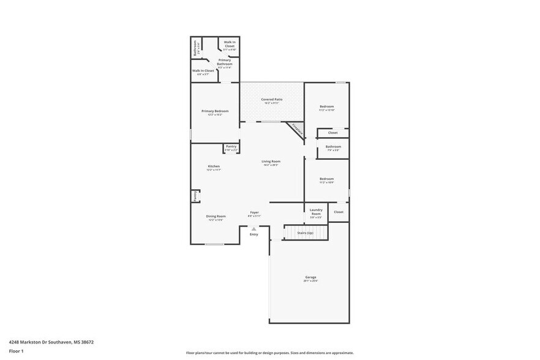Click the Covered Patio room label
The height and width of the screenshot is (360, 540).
271,99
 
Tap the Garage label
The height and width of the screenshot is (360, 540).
311,277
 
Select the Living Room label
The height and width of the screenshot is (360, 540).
271,162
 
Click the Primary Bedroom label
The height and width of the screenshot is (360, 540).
215,111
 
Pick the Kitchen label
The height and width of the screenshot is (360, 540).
214,166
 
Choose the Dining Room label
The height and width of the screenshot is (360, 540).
216,216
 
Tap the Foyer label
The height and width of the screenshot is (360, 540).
254,212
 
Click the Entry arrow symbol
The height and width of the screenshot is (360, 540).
253,229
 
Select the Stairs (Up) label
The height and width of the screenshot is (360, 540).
306,233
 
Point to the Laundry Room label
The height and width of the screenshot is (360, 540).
316,211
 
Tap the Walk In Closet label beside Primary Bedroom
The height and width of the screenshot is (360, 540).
203,70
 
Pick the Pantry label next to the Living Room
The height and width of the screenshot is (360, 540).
231,146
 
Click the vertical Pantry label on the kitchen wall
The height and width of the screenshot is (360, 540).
195,196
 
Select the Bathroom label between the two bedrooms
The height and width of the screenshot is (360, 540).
333,146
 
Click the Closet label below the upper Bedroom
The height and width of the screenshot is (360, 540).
332,132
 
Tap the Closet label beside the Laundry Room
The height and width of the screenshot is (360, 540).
339,212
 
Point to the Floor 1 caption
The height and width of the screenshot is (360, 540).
16,351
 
